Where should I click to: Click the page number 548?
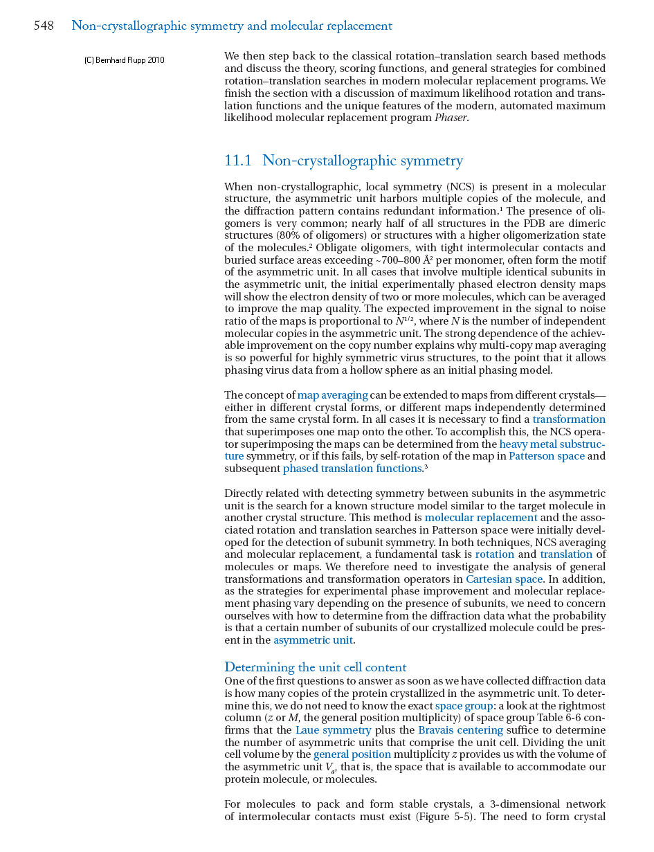44,26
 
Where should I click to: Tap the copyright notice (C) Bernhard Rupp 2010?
125,60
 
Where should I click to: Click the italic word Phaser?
451,118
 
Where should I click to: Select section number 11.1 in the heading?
238,161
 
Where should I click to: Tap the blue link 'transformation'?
569,419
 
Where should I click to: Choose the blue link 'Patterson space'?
547,456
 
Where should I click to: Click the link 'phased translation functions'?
352,469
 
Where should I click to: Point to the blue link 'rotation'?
495,554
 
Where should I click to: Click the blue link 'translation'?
566,554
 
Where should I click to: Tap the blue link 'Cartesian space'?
504,579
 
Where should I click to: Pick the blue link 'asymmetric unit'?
314,640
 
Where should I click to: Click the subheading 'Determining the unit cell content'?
316,667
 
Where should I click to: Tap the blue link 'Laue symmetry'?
333,730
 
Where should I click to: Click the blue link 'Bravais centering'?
460,730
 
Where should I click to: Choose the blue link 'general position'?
352,754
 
